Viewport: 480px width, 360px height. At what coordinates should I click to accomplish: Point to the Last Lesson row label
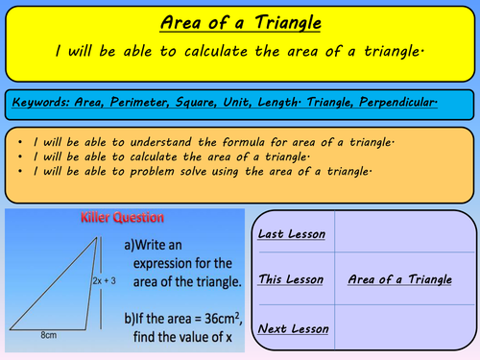tap(292, 233)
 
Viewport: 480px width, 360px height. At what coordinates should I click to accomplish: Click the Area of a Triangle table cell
tap(399, 279)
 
